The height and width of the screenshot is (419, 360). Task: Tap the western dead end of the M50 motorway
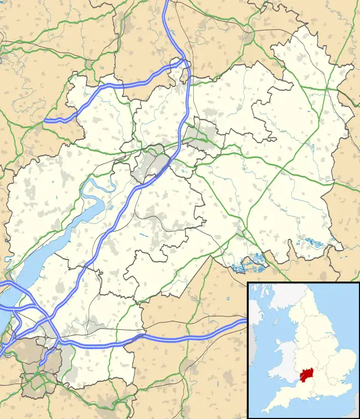(46, 120)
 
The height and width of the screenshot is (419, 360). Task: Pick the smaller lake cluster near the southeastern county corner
(313, 242)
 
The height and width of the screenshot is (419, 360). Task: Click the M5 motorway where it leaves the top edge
(167, 2)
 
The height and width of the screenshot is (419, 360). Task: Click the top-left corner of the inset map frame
(248, 283)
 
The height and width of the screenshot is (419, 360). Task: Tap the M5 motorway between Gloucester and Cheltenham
(176, 147)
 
